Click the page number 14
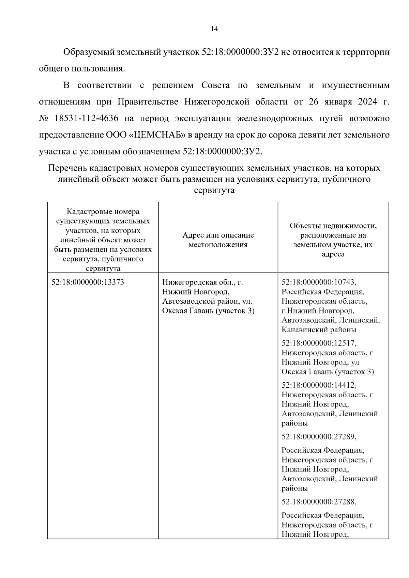214,29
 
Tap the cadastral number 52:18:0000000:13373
88,282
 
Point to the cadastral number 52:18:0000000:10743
319,282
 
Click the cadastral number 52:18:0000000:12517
319,343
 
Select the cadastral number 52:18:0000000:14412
319,385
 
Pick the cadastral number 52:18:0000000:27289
319,436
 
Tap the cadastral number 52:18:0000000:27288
319,501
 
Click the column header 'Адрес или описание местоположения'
218,240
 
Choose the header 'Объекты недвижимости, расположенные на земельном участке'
333,240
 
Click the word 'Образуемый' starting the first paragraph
88,52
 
